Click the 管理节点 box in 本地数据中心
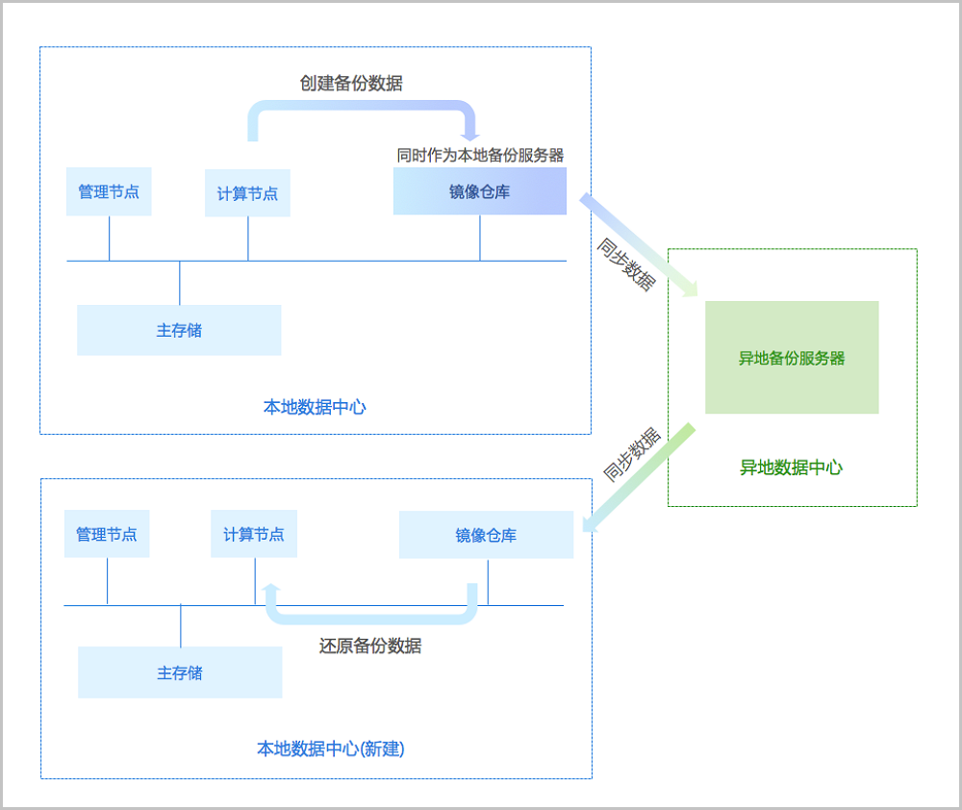click(109, 191)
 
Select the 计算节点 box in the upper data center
click(247, 192)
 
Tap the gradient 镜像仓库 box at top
click(479, 190)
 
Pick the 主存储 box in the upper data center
click(179, 330)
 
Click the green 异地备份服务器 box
click(792, 358)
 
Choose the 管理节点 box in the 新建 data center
click(107, 534)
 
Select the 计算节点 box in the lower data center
click(254, 534)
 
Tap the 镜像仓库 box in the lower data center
click(486, 535)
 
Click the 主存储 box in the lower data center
click(180, 672)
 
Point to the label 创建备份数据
click(351, 84)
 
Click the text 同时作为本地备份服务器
click(480, 154)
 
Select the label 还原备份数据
click(370, 645)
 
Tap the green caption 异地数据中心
click(791, 468)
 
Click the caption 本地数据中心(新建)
click(331, 748)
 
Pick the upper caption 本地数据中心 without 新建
click(315, 407)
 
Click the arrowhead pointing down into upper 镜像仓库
click(470, 134)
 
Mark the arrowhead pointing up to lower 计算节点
click(271, 590)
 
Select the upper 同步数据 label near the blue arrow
click(627, 264)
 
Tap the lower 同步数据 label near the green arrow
click(631, 454)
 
